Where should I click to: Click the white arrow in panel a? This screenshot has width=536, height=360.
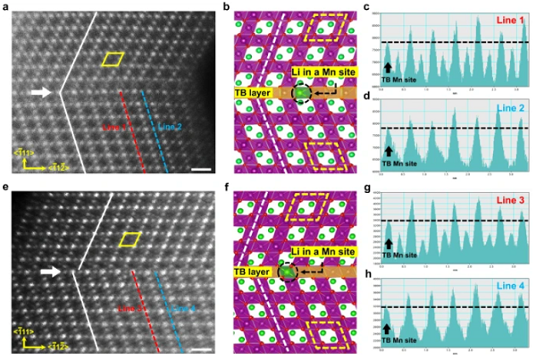[x=41, y=91]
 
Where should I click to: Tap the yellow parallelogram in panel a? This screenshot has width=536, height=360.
[x=113, y=60]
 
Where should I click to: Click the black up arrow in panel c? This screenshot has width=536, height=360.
[x=389, y=66]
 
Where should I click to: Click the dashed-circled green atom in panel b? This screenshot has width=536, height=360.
[x=302, y=93]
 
